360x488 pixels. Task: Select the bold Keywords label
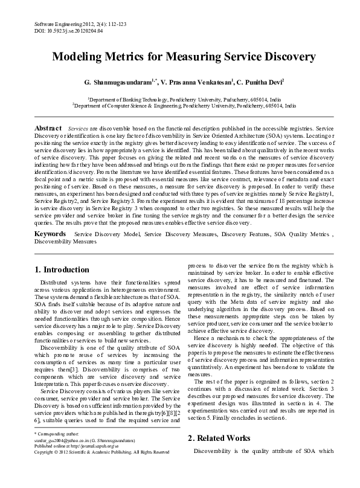[50, 233]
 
